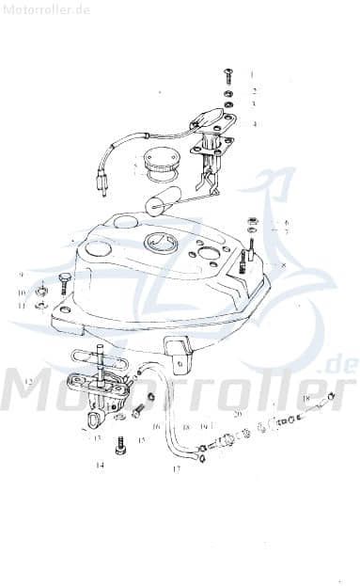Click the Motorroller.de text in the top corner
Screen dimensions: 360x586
[x=46, y=8]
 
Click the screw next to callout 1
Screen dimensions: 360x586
[x=228, y=74]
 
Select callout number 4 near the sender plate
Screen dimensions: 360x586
[x=253, y=123]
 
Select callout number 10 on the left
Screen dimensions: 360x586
[x=20, y=293]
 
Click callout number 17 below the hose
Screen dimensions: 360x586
[x=176, y=467]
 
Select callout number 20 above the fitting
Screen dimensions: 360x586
[x=237, y=414]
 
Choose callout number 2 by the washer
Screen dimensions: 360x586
[x=253, y=91]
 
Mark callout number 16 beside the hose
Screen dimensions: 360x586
[x=157, y=426]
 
